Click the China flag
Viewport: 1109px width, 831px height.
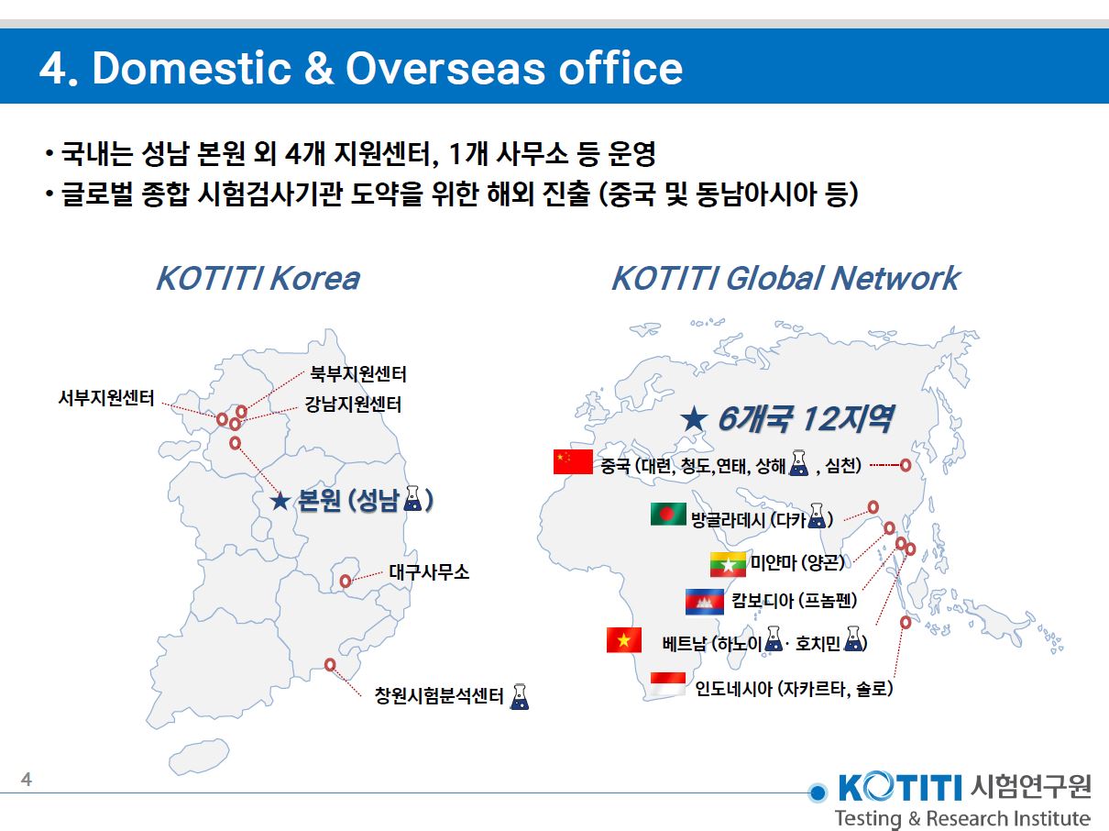[x=573, y=462]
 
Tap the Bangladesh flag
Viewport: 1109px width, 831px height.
[x=668, y=515]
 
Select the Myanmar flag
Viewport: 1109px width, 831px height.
[x=728, y=564]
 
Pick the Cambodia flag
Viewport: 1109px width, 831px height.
[x=704, y=601]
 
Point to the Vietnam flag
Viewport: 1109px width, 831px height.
[x=624, y=639]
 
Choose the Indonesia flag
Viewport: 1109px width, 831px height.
[x=668, y=684]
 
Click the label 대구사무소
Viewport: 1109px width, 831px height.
[x=429, y=572]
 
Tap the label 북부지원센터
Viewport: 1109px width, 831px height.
[x=358, y=374]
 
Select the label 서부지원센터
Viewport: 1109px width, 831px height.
[x=106, y=398]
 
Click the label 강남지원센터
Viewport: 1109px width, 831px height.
[x=353, y=404]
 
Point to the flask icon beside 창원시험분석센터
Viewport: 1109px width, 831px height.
[x=520, y=696]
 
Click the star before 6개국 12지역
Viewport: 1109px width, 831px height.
[x=694, y=420]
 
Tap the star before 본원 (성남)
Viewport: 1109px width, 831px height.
[x=281, y=501]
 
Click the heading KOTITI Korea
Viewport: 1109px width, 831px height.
[x=258, y=278]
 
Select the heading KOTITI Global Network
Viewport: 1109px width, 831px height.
[x=785, y=278]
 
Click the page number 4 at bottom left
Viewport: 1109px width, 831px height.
[x=27, y=781]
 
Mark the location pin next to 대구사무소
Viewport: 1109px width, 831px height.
[x=346, y=581]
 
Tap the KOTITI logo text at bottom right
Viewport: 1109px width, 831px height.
[x=898, y=787]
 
